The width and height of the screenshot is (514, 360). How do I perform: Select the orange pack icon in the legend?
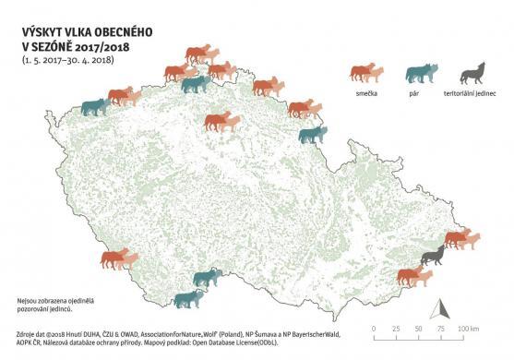366,74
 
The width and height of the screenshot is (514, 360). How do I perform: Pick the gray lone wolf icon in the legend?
472,73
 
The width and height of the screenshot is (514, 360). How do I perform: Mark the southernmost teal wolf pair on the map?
190,298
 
